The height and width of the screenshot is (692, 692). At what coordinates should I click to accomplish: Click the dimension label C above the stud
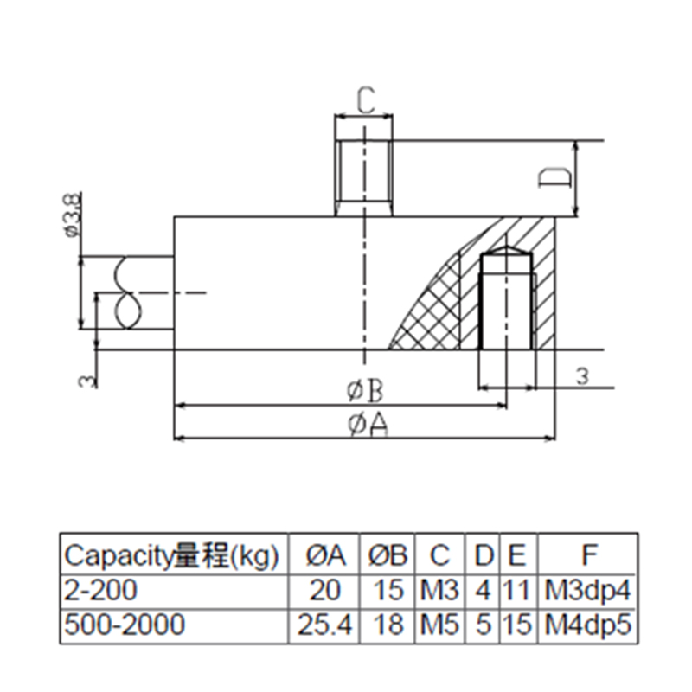tap(365, 103)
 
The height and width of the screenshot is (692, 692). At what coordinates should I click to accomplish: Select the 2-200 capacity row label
tap(100, 591)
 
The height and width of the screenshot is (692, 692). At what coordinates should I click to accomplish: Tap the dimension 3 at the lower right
tap(581, 375)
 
